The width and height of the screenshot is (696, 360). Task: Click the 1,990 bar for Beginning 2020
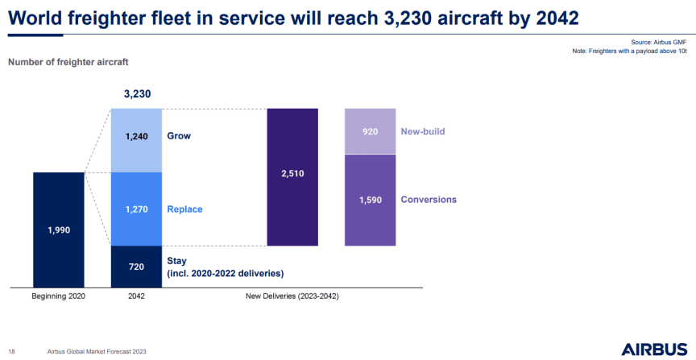point(58,230)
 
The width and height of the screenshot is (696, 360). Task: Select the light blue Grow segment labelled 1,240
point(136,136)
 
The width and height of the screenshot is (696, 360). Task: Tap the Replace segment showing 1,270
point(136,209)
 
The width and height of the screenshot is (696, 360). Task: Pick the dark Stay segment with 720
point(136,266)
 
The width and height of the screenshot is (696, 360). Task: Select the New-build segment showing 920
point(370,131)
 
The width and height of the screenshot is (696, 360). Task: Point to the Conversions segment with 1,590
point(370,200)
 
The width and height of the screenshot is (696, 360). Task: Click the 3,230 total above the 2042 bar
point(137,94)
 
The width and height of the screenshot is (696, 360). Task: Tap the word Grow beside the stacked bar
point(179,136)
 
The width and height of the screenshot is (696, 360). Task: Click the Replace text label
point(184,209)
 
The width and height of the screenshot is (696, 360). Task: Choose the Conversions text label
point(429,200)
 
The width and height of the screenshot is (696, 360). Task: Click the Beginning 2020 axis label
point(58,296)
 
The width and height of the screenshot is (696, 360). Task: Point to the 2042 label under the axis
point(137,296)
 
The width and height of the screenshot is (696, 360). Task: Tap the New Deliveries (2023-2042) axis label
point(292,296)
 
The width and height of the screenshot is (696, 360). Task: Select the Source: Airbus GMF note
point(660,42)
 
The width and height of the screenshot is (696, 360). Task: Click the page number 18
point(12,352)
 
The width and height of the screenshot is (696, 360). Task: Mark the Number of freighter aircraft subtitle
point(68,62)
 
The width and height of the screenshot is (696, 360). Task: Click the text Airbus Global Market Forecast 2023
point(97,352)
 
